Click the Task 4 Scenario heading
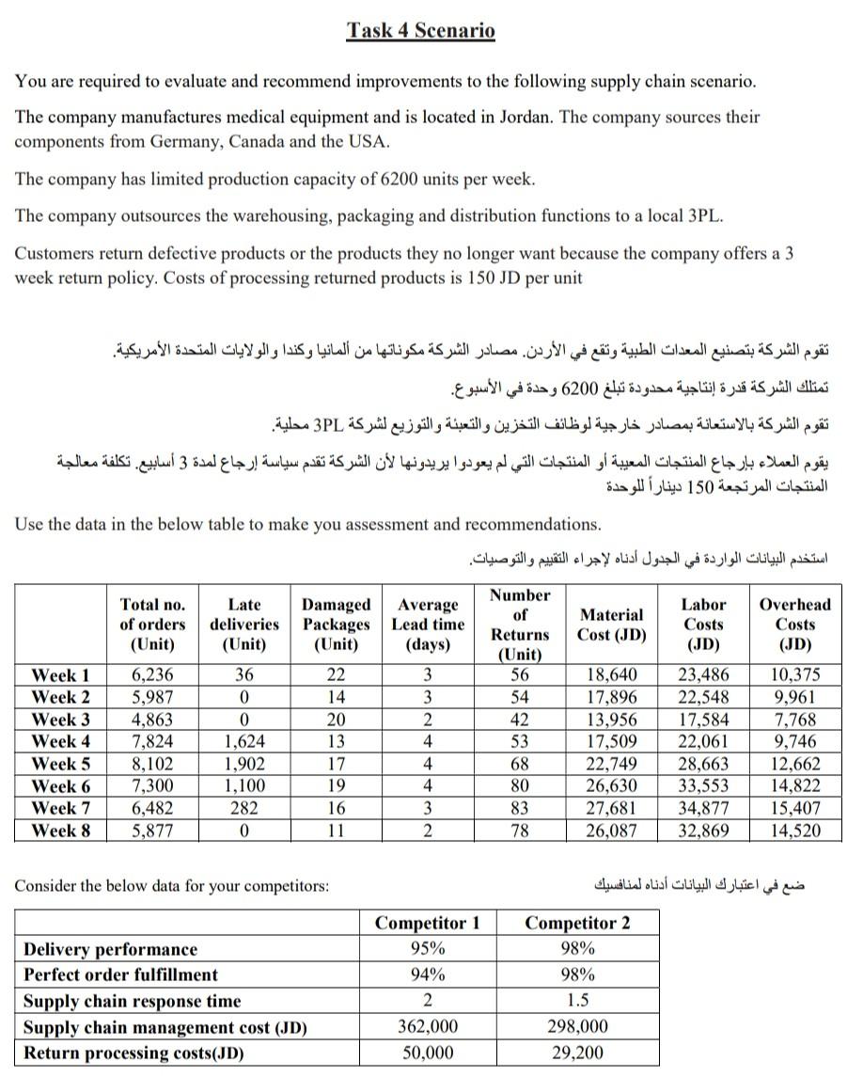(420, 30)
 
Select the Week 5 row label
(61, 763)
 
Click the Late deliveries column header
(244, 624)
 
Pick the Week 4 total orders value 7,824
(149, 741)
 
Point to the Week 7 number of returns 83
(520, 807)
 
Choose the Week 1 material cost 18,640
(612, 675)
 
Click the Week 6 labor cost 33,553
(703, 785)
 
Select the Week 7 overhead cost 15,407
(794, 807)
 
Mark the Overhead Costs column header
(794, 624)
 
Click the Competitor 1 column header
(427, 923)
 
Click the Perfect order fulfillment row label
(120, 974)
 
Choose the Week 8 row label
(61, 830)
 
